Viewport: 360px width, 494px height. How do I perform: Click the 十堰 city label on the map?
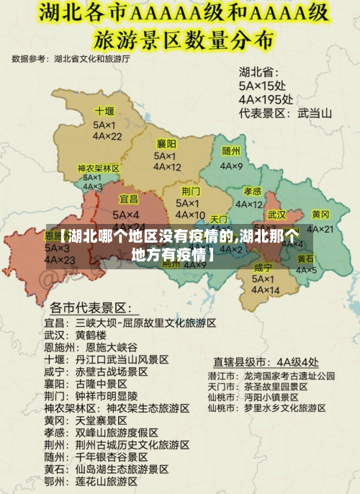click(104, 112)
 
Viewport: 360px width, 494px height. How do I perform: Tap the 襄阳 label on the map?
click(166, 144)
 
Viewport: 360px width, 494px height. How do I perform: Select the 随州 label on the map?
click(231, 151)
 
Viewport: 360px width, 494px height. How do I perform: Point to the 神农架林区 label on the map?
click(99, 168)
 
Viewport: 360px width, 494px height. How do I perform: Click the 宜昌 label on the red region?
click(128, 199)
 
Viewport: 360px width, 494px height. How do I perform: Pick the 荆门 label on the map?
click(191, 191)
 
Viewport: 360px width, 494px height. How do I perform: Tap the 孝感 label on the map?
click(252, 191)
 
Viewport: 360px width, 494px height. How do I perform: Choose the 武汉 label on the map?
click(276, 215)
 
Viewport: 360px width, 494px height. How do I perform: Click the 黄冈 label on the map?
click(320, 215)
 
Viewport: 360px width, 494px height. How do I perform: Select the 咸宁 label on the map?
click(264, 267)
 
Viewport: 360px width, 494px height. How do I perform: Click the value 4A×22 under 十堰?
click(107, 136)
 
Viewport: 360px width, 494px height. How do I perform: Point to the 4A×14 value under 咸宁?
click(264, 290)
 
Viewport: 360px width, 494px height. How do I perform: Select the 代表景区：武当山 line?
click(286, 113)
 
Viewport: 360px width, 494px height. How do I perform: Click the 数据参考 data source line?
click(71, 58)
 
